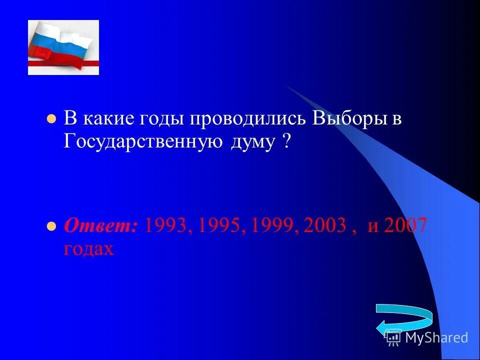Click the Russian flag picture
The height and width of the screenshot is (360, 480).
(x=63, y=47)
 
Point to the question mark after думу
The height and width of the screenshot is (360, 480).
(x=286, y=141)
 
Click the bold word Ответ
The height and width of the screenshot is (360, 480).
(x=100, y=226)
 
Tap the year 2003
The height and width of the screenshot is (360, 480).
(x=324, y=226)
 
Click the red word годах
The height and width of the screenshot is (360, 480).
(x=89, y=248)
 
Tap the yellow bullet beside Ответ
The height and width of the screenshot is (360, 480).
(x=50, y=226)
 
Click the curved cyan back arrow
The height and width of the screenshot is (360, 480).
(x=403, y=320)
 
